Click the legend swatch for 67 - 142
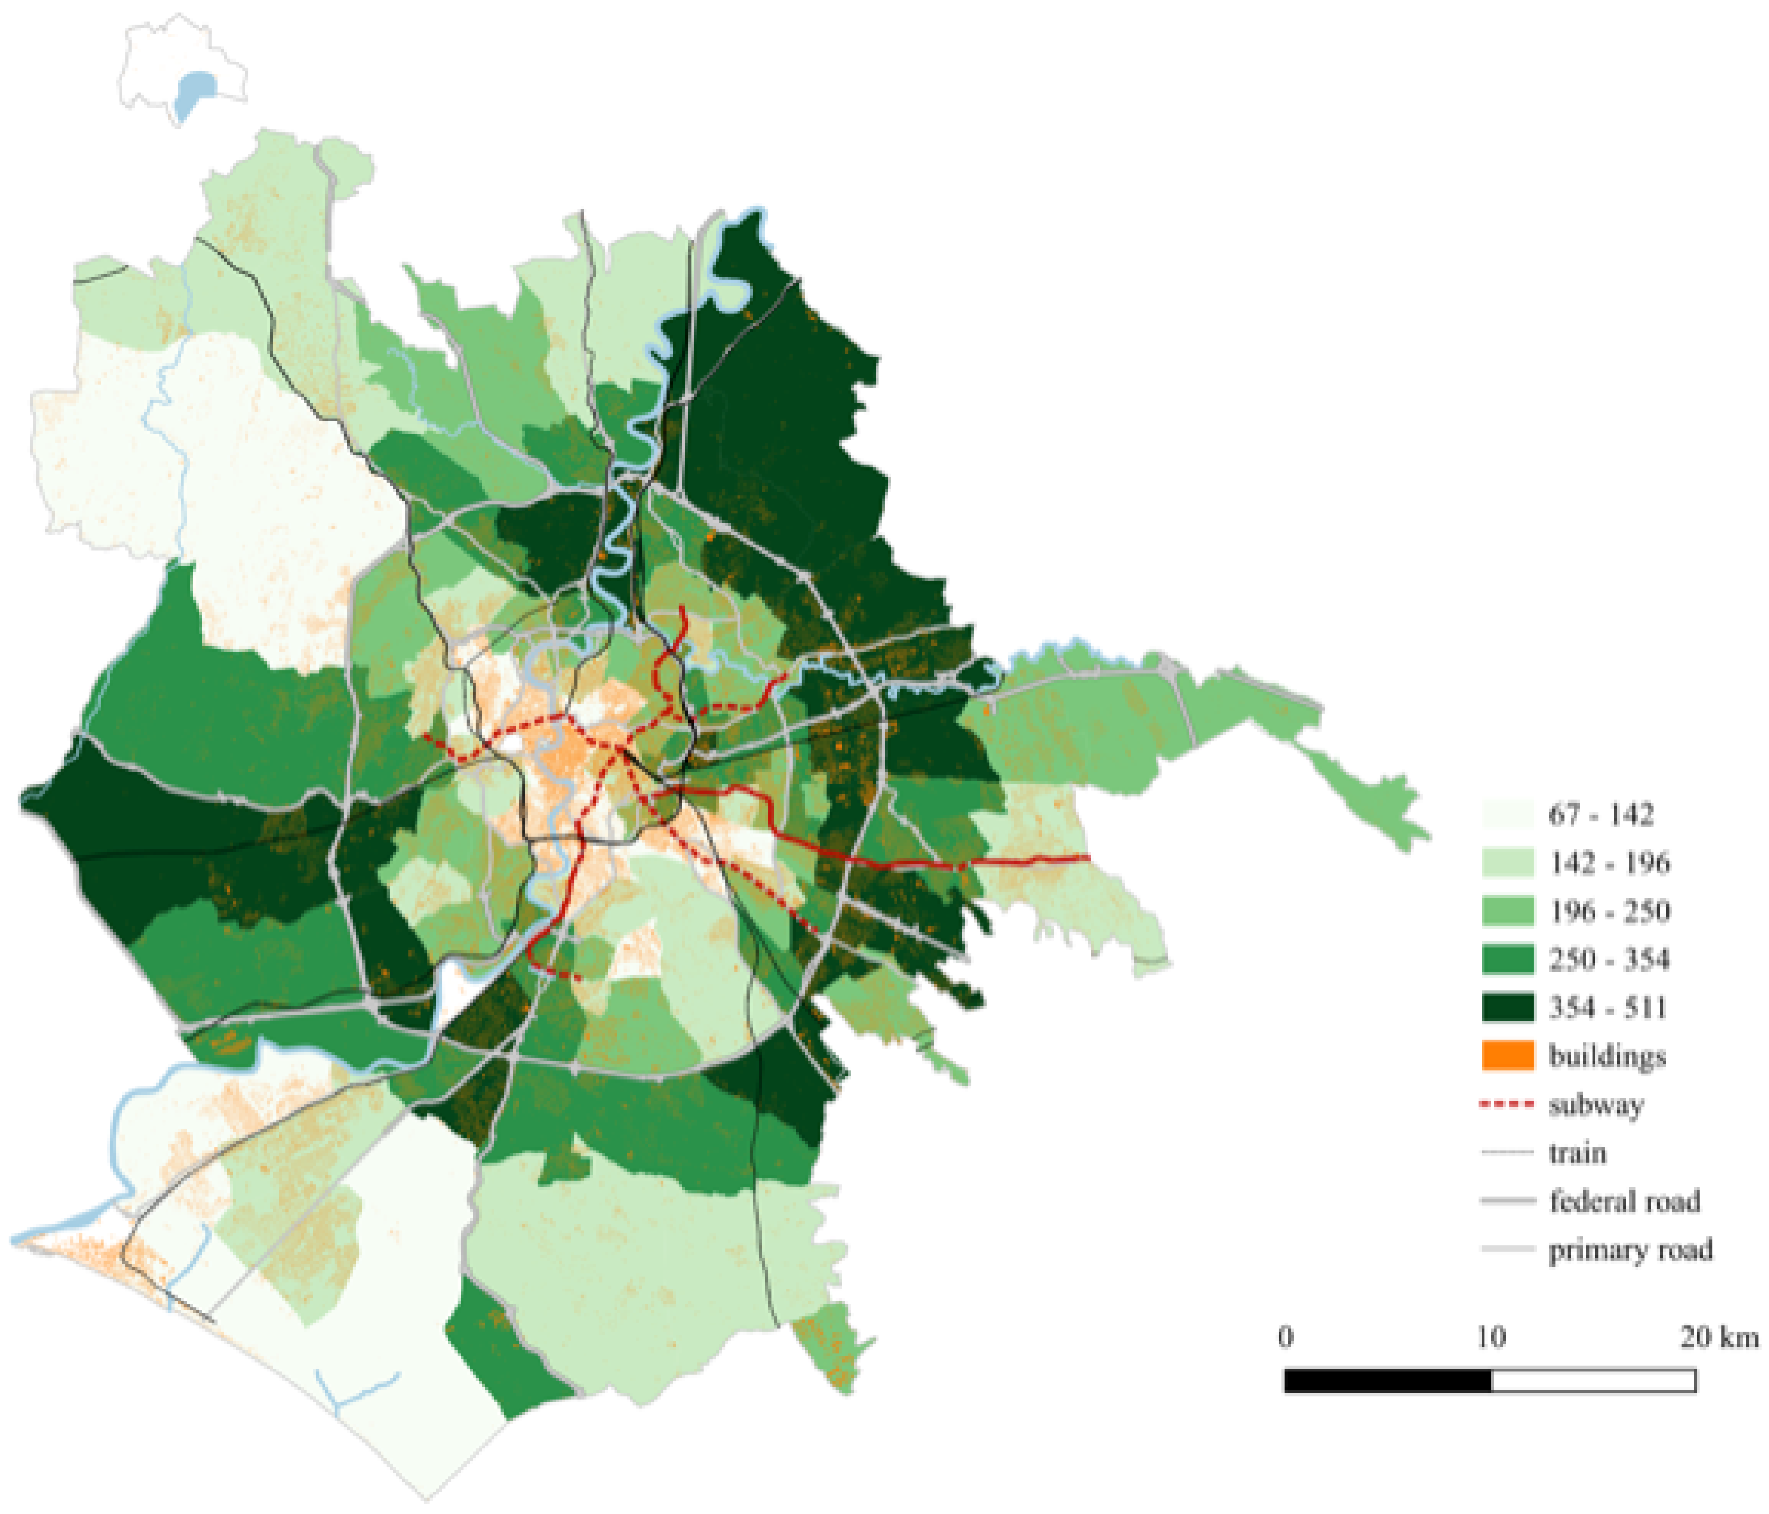pyautogui.click(x=1507, y=814)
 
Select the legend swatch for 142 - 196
pyautogui.click(x=1507, y=863)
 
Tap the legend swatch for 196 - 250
pyautogui.click(x=1507, y=911)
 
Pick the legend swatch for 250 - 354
pyautogui.click(x=1507, y=959)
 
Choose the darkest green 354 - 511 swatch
pyautogui.click(x=1507, y=1007)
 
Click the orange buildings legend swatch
pyautogui.click(x=1507, y=1056)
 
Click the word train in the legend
pyautogui.click(x=1577, y=1153)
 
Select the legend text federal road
pyautogui.click(x=1625, y=1201)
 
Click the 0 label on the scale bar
pyautogui.click(x=1286, y=1336)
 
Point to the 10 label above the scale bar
pyautogui.click(x=1491, y=1336)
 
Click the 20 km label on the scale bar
pyautogui.click(x=1718, y=1336)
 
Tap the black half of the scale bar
pyautogui.click(x=1387, y=1381)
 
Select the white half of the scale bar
pyautogui.click(x=1593, y=1381)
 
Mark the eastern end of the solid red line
pyautogui.click(x=1088, y=857)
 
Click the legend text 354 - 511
pyautogui.click(x=1607, y=1007)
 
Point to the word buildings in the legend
pyautogui.click(x=1607, y=1056)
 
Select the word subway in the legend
pyautogui.click(x=1596, y=1105)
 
